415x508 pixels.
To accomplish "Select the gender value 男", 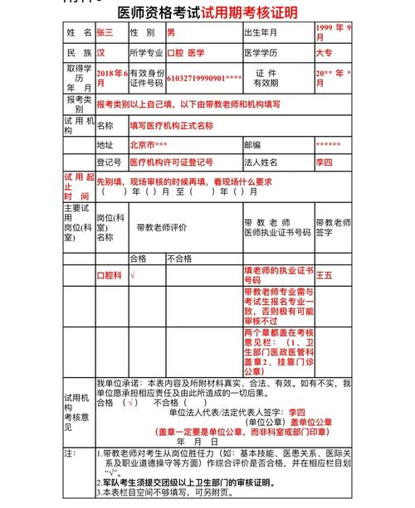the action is click(x=171, y=32).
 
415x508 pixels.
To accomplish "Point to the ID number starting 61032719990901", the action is click(x=204, y=78).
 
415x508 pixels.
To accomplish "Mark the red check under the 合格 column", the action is click(x=133, y=274).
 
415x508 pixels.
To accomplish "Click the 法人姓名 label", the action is click(x=262, y=162).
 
